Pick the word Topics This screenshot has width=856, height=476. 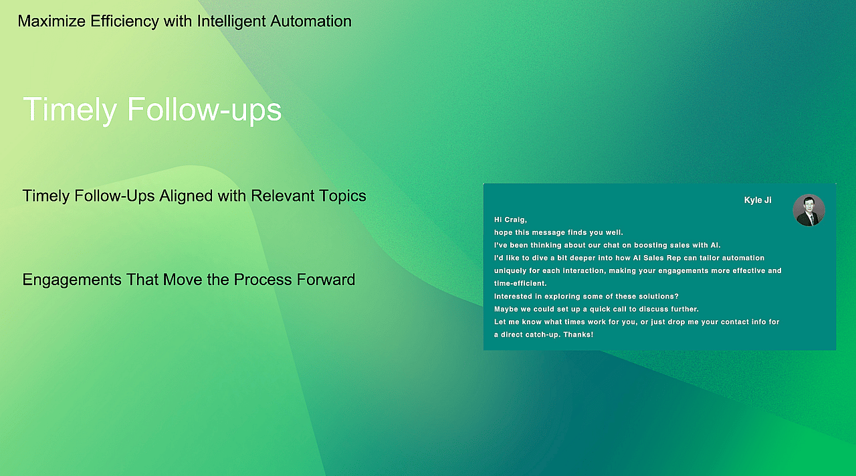pos(342,196)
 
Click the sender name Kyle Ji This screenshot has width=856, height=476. pos(758,200)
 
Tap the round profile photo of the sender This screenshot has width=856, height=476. pos(809,210)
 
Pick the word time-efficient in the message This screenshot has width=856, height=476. pos(520,283)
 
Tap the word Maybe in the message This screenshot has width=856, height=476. pos(506,309)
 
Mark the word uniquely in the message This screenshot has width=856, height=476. pos(510,270)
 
